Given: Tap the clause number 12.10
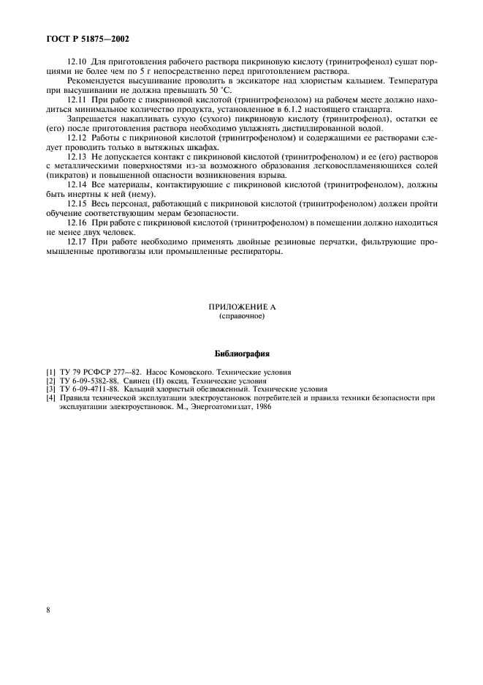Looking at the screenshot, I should pyautogui.click(x=77, y=62).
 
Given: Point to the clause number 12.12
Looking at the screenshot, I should pyautogui.click(x=77, y=137).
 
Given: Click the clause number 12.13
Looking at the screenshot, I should pyautogui.click(x=77, y=156).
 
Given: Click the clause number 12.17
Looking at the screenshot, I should pyautogui.click(x=77, y=242).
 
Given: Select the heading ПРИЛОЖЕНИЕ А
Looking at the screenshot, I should pyautogui.click(x=241, y=309).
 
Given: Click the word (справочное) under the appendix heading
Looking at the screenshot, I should pyautogui.click(x=241, y=318).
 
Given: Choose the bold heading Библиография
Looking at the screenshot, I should pyautogui.click(x=242, y=354).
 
